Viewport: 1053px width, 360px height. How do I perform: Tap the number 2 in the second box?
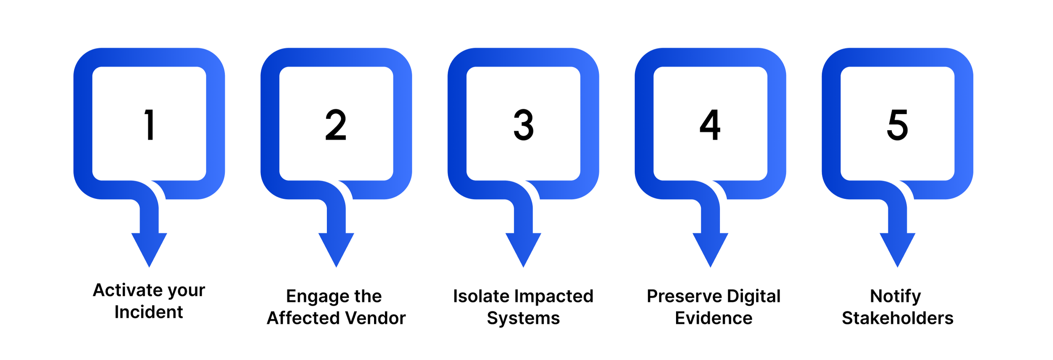click(x=336, y=125)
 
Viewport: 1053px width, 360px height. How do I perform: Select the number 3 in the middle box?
click(x=524, y=125)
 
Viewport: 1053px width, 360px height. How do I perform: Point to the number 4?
click(x=710, y=125)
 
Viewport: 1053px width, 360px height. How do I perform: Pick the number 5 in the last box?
click(x=897, y=125)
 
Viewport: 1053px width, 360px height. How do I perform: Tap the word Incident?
click(x=149, y=312)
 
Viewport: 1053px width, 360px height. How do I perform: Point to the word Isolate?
click(x=481, y=296)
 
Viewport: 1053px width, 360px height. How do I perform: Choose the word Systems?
click(x=523, y=318)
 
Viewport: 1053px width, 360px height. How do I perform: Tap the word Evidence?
click(x=714, y=318)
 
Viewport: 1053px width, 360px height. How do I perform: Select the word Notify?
click(x=895, y=296)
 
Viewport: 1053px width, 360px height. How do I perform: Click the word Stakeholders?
click(x=898, y=318)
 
